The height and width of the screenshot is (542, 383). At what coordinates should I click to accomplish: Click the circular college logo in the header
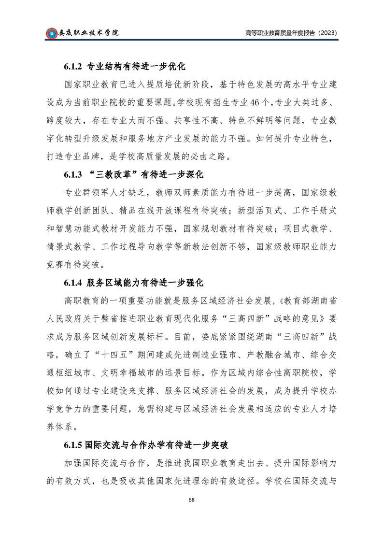coord(51,33)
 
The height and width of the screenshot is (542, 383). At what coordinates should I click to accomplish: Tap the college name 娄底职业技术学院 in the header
coord(88,33)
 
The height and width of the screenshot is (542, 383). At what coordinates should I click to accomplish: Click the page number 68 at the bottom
coord(191,499)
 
